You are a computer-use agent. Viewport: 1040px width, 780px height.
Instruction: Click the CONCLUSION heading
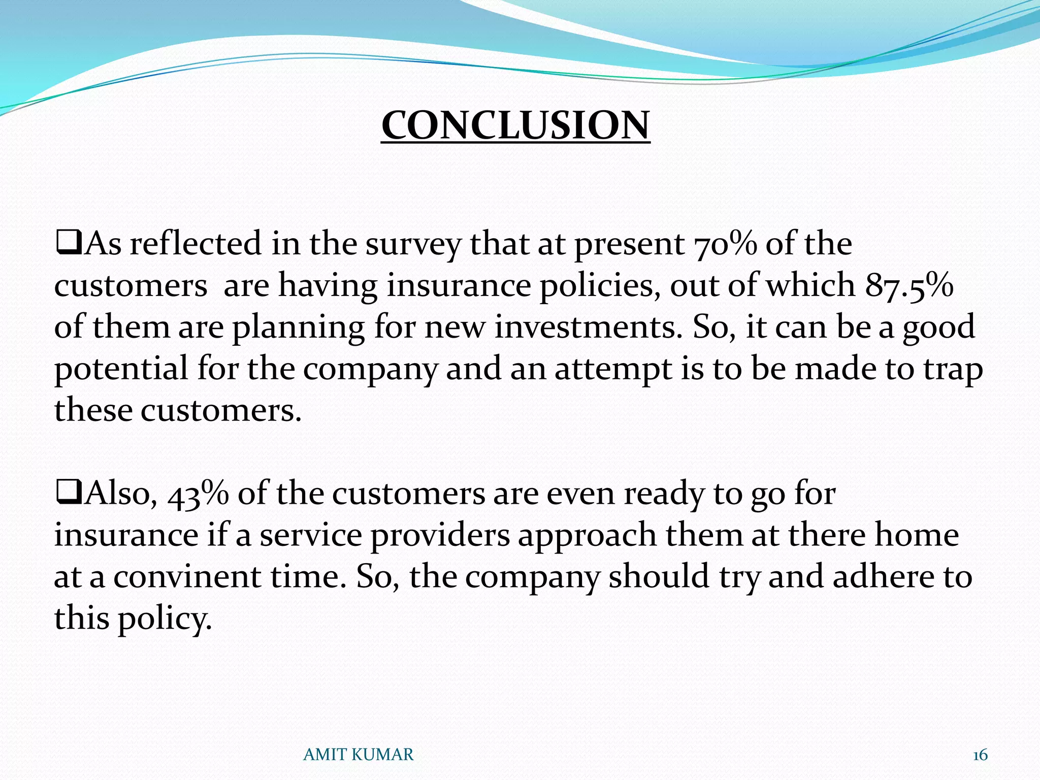coord(515,125)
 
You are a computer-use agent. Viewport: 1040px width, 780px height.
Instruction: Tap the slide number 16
coord(980,755)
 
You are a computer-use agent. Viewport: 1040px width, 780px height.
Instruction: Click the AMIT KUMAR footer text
coord(358,755)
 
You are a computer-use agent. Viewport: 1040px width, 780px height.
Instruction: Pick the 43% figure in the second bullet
coord(198,494)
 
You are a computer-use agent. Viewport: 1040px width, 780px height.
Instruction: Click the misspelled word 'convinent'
coord(187,577)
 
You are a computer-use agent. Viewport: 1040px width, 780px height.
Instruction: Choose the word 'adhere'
coord(884,577)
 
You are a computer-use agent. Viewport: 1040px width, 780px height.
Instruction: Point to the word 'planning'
coord(299,327)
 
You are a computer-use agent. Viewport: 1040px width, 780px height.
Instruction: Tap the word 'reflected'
coord(196,244)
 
